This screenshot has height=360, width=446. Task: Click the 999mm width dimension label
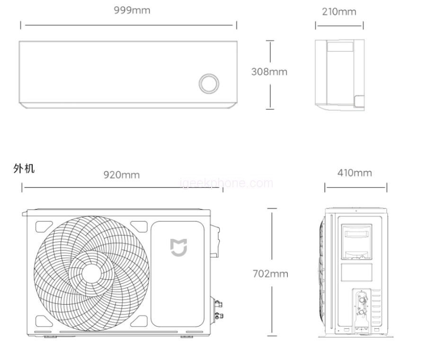[132, 10]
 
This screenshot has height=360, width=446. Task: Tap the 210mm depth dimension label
[339, 12]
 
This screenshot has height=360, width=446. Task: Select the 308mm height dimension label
[269, 71]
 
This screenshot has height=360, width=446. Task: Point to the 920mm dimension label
[122, 175]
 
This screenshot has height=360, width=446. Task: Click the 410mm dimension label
[355, 173]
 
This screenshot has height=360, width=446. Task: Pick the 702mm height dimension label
[270, 273]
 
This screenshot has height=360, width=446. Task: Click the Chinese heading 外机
[24, 168]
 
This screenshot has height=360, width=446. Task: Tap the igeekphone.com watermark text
[227, 183]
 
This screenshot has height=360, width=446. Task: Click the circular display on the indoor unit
[209, 84]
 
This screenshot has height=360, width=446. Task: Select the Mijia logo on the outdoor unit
[179, 247]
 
